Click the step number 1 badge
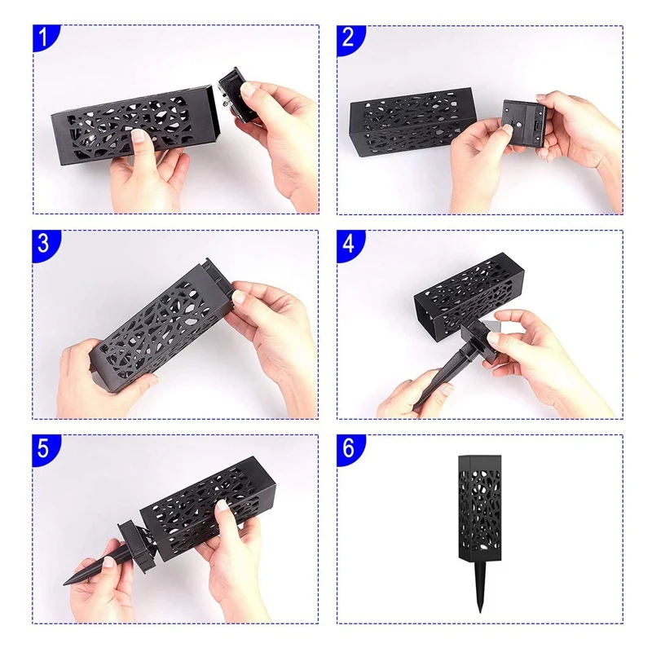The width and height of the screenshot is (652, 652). click(46, 39)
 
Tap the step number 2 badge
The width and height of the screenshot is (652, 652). click(351, 39)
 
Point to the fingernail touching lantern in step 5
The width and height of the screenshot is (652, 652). click(221, 505)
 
